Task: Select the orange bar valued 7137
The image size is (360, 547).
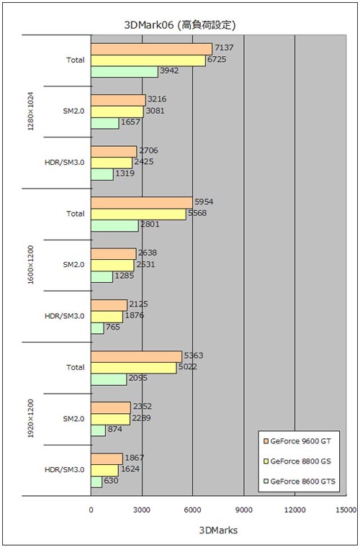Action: [151, 49]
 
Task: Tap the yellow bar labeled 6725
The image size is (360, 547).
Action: [148, 60]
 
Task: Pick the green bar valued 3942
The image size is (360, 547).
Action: [125, 72]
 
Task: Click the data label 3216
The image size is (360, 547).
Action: [157, 99]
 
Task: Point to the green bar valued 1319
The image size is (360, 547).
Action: [102, 174]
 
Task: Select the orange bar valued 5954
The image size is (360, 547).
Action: [142, 203]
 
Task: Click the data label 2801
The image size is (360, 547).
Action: [150, 224]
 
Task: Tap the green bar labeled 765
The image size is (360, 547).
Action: [97, 328]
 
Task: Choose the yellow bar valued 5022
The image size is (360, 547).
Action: [134, 368]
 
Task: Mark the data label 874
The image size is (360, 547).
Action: [114, 429]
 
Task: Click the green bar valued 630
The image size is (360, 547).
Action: [96, 482]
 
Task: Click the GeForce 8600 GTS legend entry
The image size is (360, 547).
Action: [300, 482]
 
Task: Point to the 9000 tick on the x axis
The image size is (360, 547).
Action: [244, 510]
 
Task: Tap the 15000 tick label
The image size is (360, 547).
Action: [343, 510]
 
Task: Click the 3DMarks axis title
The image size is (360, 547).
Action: [218, 530]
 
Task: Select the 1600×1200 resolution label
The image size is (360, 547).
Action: [31, 265]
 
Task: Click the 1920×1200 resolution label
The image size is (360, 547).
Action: [31, 419]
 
